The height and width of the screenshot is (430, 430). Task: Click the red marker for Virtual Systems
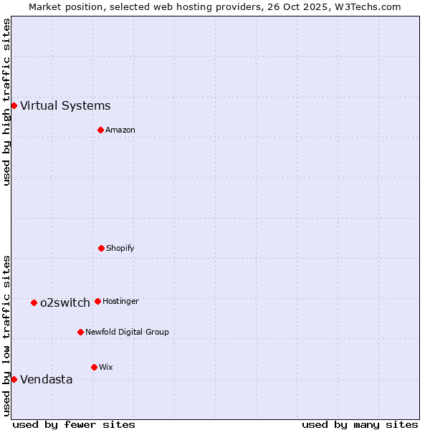14,106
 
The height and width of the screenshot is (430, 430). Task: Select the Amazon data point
101,130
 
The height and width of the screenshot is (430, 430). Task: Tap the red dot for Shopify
102,248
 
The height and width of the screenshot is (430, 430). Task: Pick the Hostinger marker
97,301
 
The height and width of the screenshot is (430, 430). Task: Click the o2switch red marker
34,302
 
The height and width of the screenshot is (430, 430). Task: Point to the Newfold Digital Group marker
80,332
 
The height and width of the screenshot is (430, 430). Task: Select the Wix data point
94,367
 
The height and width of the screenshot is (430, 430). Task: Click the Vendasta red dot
14,379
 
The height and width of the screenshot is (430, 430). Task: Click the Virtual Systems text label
65,106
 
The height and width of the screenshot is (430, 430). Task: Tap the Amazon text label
120,130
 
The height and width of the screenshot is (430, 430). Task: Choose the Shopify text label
120,249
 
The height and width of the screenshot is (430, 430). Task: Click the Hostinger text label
120,302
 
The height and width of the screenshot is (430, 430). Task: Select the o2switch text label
65,302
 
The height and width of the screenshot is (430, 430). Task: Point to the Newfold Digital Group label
127,333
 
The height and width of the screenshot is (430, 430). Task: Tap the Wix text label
106,368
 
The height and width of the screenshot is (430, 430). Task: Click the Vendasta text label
47,380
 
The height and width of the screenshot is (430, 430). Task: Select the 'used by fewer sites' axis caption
74,424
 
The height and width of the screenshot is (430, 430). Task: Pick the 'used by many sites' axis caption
360,424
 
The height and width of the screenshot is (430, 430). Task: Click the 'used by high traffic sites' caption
7,102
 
